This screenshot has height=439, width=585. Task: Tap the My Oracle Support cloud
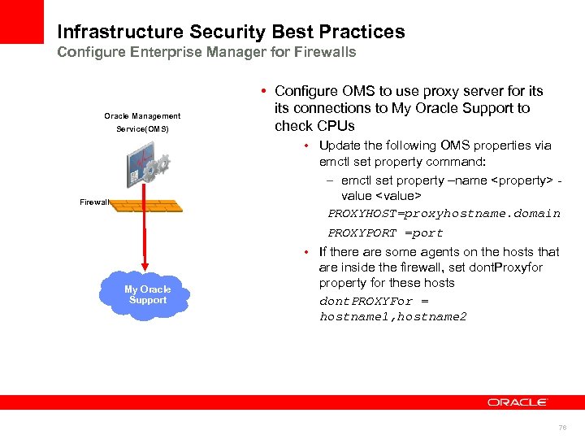click(147, 294)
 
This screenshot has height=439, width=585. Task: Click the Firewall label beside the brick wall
click(94, 202)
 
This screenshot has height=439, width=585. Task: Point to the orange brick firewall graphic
click(147, 205)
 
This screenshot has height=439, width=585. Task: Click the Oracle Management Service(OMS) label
click(142, 123)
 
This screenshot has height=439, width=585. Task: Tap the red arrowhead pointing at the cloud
click(146, 264)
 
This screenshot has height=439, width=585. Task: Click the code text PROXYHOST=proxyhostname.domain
click(444, 214)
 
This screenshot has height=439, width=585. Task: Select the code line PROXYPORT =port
click(385, 233)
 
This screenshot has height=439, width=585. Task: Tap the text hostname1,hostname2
click(393, 317)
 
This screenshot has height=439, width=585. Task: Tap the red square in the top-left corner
click(22, 21)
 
